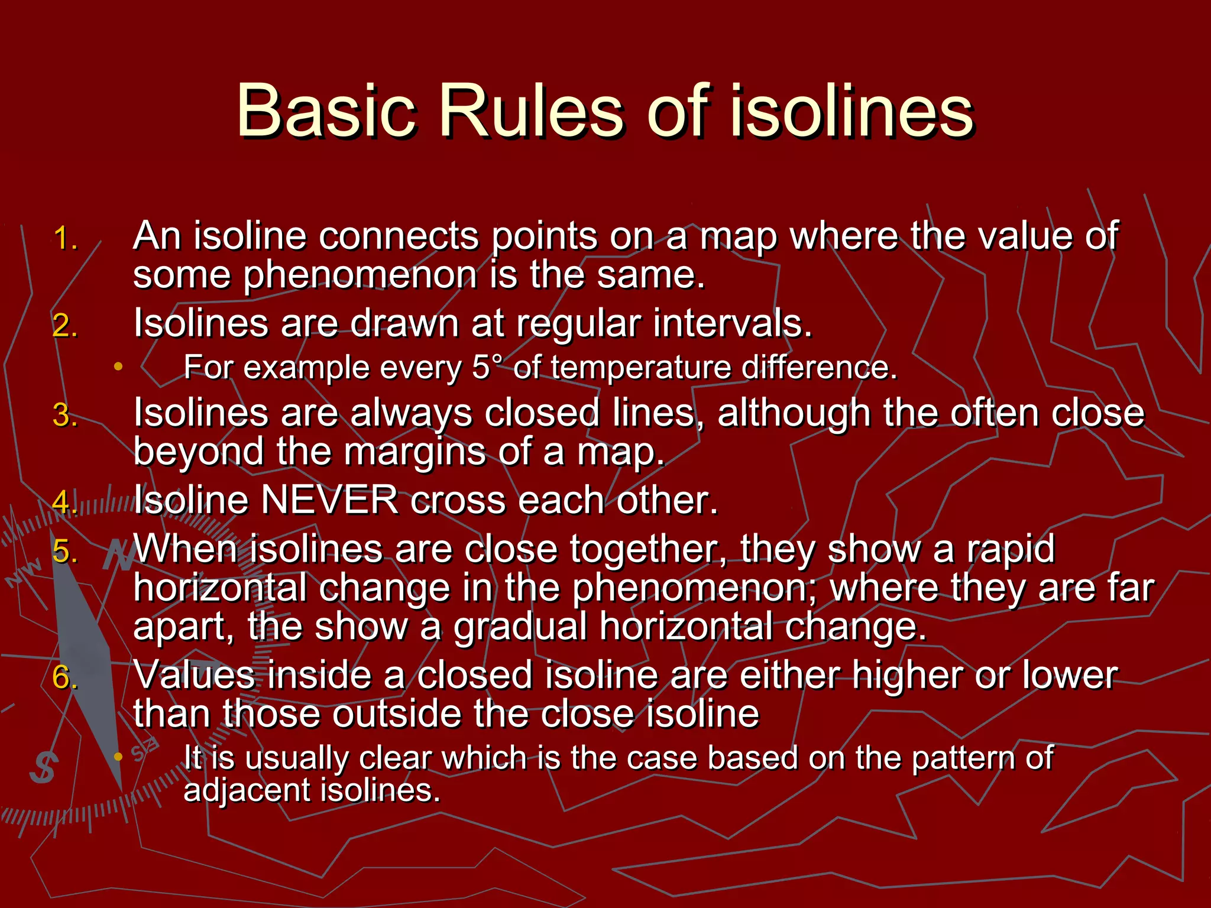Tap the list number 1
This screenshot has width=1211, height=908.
click(x=65, y=239)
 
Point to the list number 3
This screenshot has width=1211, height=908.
click(x=65, y=414)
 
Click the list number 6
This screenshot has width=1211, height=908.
click(x=65, y=677)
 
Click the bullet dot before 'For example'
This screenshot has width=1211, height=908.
click(x=118, y=367)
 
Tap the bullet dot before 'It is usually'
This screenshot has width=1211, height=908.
click(x=118, y=757)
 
